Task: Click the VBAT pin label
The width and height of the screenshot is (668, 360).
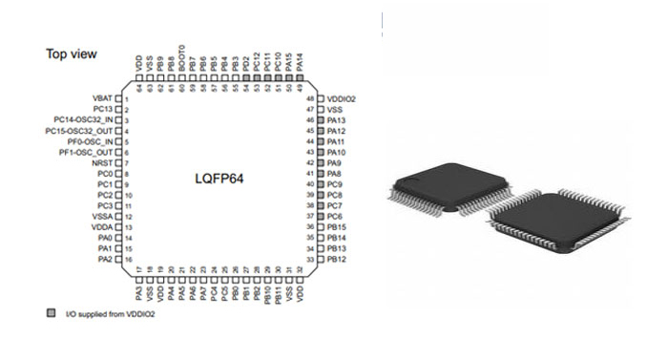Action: [x=101, y=98]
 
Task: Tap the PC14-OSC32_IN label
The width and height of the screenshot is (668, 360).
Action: [x=83, y=120]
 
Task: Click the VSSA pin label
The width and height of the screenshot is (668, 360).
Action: [x=100, y=216]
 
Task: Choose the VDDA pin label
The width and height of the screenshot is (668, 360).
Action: [x=100, y=227]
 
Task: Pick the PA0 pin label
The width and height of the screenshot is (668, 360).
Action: [x=104, y=238]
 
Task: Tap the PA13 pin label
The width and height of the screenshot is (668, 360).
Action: [x=336, y=120]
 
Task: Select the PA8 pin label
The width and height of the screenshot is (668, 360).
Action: [x=334, y=174]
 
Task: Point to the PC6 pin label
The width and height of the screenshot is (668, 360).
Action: [x=334, y=216]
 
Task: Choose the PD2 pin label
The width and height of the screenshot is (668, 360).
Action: [x=245, y=65]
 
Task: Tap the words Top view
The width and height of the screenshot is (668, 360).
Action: [x=72, y=54]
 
